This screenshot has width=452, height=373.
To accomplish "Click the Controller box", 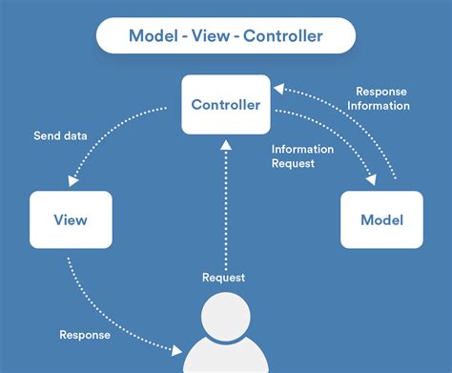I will click(x=225, y=104).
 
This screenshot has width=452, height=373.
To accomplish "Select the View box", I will click(x=71, y=219).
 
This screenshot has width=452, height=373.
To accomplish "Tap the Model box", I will click(x=381, y=219).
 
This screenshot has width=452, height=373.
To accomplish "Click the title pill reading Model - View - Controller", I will click(x=226, y=37).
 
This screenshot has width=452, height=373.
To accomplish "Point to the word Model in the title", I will click(x=154, y=37).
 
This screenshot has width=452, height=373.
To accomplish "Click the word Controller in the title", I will click(x=282, y=37).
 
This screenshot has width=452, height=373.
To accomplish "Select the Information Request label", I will click(x=302, y=156).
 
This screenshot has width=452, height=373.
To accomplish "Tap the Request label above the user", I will click(x=223, y=278).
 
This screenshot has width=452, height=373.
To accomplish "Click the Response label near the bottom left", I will click(x=85, y=334).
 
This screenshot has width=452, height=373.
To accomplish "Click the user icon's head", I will click(x=226, y=317).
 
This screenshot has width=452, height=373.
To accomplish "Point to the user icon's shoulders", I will click(x=226, y=360).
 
